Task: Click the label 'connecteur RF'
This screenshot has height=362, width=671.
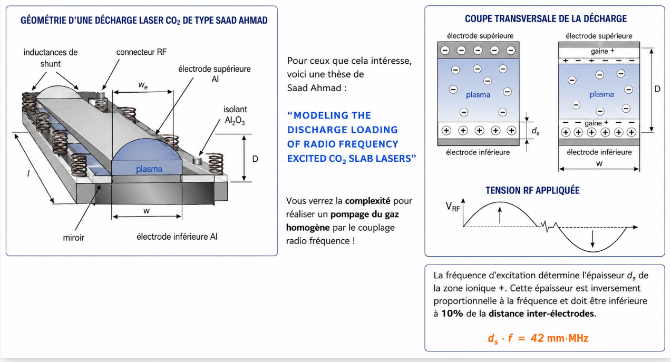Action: click(141, 52)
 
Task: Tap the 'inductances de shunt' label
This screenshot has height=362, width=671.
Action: click(50, 58)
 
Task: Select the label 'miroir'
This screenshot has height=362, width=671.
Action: click(73, 238)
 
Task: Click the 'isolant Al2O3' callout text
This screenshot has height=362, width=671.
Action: click(235, 115)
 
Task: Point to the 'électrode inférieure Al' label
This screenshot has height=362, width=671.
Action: click(177, 237)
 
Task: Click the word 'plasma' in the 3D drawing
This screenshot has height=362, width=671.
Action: click(149, 169)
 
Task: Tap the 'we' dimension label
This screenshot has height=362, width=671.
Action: click(143, 85)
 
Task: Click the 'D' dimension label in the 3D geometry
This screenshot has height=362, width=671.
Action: click(255, 159)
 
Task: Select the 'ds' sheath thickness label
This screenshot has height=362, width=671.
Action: click(536, 131)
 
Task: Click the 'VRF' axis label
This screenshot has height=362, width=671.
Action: click(453, 207)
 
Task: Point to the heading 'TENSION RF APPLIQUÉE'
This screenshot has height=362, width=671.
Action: click(532, 190)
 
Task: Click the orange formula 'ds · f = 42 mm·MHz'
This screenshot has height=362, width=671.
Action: click(538, 338)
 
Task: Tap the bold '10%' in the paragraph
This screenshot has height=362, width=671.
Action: click(452, 314)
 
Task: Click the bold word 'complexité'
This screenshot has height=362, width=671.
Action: click(367, 201)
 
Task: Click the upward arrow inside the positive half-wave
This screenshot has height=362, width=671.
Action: click(500, 216)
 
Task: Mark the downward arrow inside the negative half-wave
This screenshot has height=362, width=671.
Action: click(592, 239)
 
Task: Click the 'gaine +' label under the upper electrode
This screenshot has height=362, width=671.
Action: click(602, 51)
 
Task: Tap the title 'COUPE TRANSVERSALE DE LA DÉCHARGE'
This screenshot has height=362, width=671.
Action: click(546, 19)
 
